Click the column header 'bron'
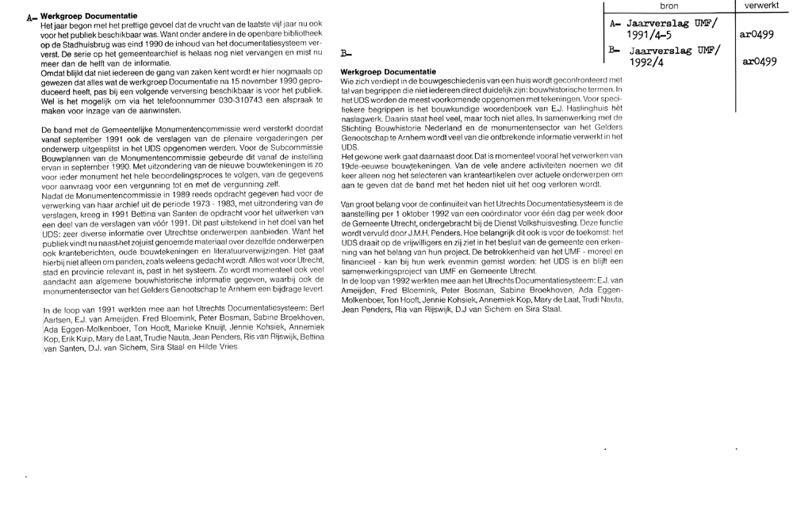click(x=668, y=6)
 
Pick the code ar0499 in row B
click(x=759, y=61)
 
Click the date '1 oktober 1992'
click(x=415, y=212)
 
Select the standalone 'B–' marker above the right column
click(x=345, y=55)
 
